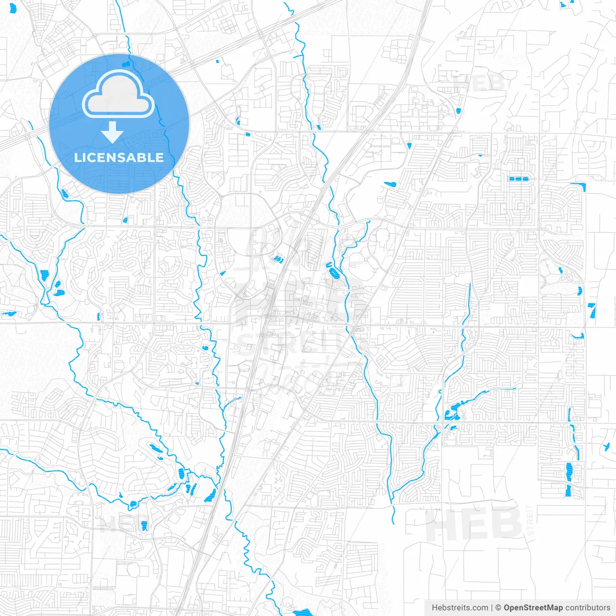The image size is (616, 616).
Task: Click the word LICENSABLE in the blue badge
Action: click(x=119, y=157)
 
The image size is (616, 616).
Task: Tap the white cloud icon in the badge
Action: click(x=118, y=95)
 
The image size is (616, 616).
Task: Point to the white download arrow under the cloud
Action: click(x=113, y=132)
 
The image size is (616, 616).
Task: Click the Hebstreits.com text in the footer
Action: click(x=460, y=608)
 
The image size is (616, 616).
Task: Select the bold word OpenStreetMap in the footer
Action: click(x=533, y=608)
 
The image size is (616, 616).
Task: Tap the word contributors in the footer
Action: click(x=588, y=608)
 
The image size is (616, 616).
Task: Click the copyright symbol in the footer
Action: click(x=498, y=608)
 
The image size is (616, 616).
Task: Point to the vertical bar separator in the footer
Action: click(x=492, y=608)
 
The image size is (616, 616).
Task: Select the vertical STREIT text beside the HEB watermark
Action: click(x=530, y=520)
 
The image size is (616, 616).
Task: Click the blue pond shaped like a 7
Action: click(x=592, y=310)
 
